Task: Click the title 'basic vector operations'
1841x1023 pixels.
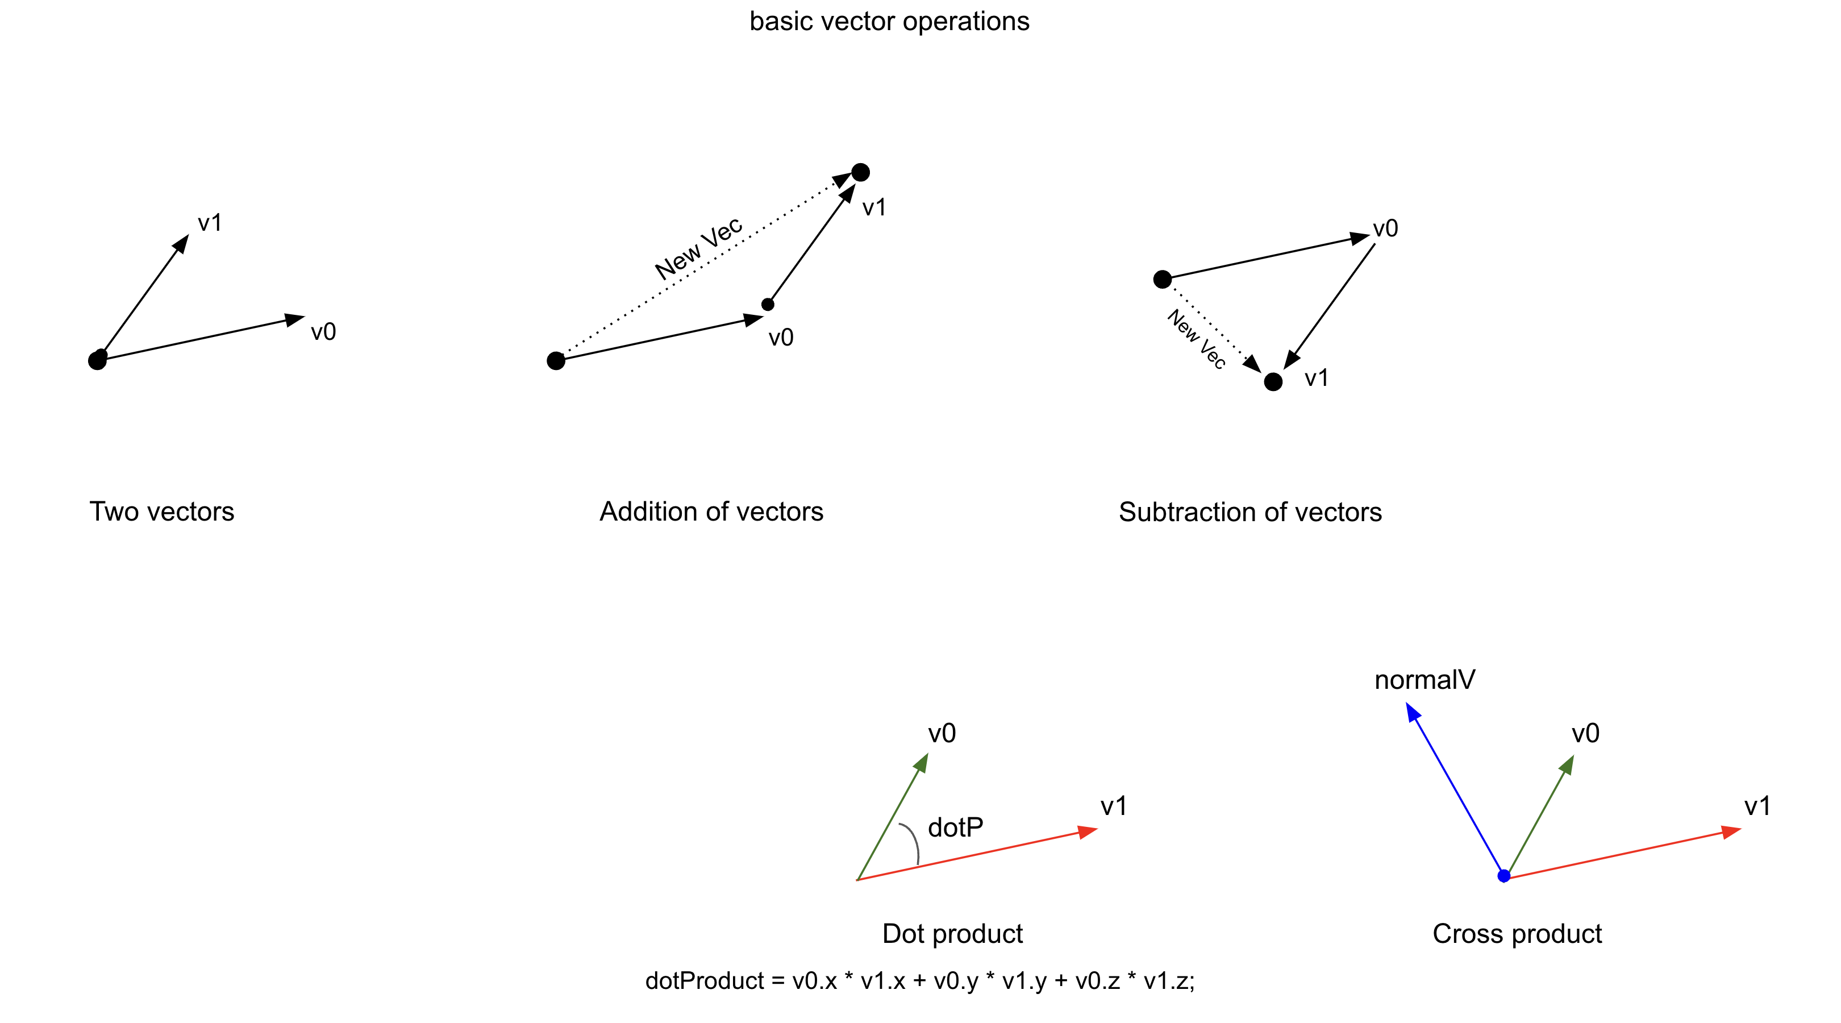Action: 889,22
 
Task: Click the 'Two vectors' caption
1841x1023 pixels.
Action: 161,512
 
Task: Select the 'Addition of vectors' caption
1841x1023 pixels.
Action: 711,512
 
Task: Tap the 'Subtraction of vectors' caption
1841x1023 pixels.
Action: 1250,513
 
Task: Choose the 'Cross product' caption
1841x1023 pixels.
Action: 1517,934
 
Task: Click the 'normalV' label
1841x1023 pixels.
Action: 1425,680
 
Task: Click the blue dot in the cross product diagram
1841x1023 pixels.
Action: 1503,876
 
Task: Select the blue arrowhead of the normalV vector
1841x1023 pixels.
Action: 1412,712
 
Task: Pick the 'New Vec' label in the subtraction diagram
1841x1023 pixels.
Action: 1196,339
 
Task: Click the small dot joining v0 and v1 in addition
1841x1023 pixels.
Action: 768,305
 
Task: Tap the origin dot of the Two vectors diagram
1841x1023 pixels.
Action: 97,360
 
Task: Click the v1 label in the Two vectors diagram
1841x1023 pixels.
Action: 210,223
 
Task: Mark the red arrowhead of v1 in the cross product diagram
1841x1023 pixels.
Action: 1731,831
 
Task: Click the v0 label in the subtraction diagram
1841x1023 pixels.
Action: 1385,229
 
